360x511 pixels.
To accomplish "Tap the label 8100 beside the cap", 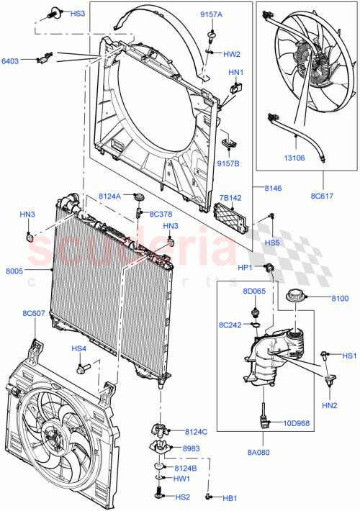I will click(340, 298).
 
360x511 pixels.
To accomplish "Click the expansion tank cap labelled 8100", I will click(296, 296).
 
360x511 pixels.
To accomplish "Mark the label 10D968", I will click(296, 423).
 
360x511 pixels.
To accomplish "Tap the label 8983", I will click(194, 448).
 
